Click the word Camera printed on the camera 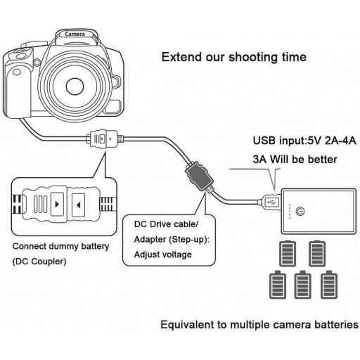coord(75,34)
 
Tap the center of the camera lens coord(75,85)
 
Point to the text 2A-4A coord(333,141)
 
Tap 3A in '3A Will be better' coord(261,160)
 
